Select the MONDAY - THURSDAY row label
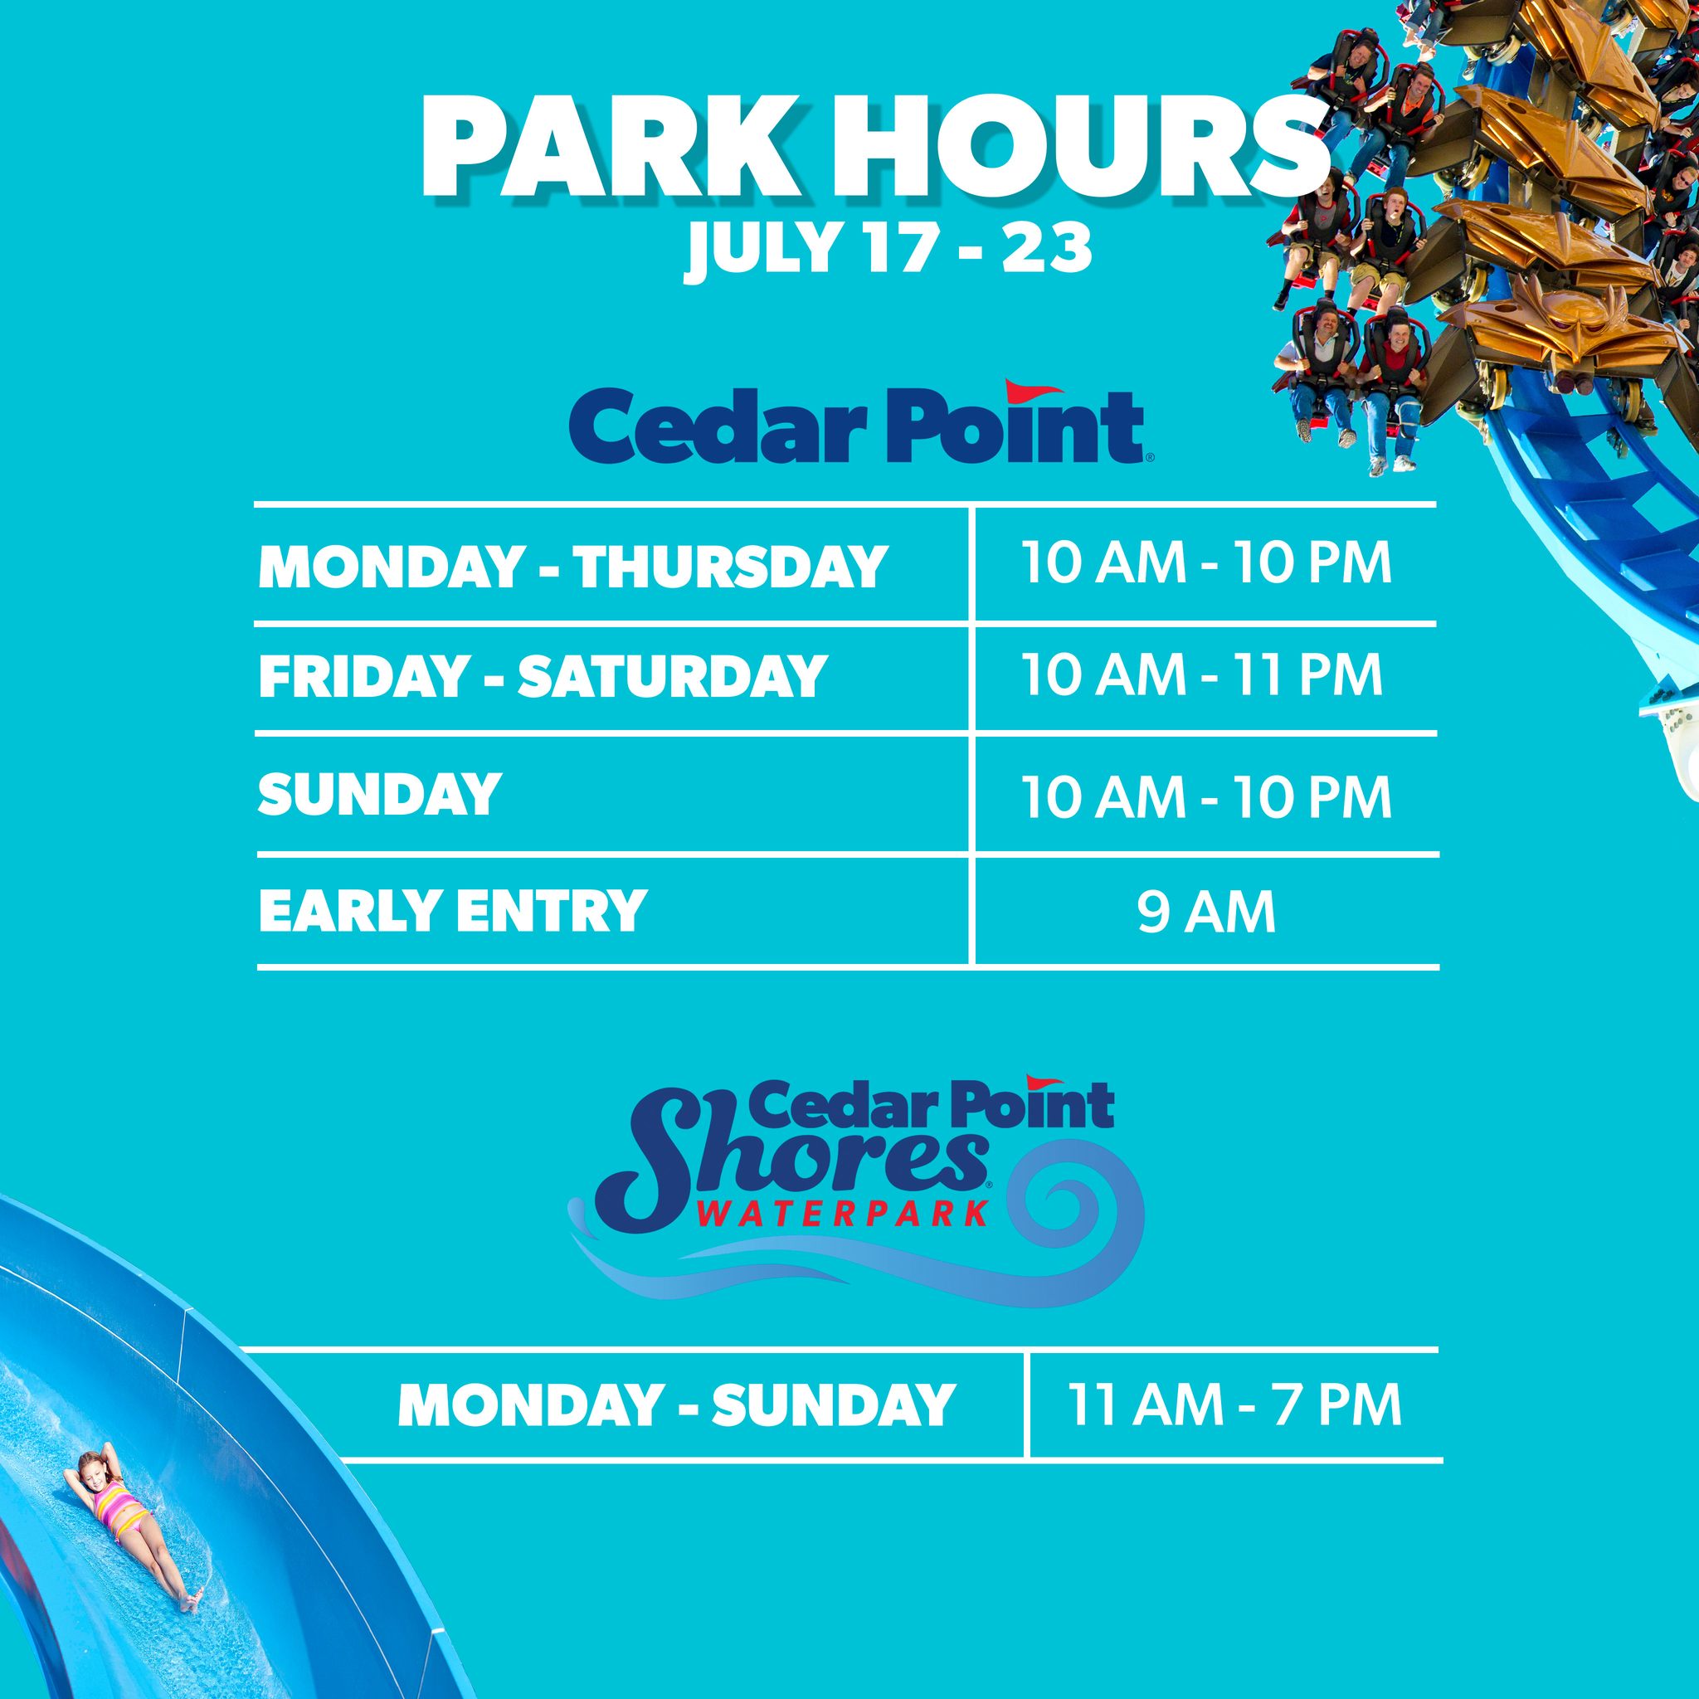coord(572,567)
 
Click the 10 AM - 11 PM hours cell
coord(1202,675)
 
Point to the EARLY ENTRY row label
coord(452,911)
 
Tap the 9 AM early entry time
coord(1205,912)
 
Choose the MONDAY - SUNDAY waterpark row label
coord(675,1405)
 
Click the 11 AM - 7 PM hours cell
coord(1234,1405)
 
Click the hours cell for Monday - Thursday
coord(1206,565)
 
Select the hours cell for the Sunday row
coord(1206,796)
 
